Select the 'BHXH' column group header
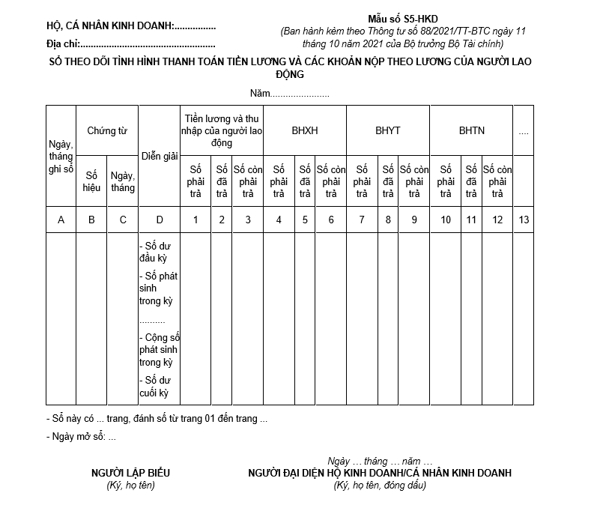[304, 130]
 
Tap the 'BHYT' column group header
[387, 130]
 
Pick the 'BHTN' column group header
[471, 130]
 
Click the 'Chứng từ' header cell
[107, 130]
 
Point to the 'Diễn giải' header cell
[159, 156]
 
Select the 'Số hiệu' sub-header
[91, 181]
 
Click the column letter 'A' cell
[61, 220]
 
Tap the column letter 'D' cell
[159, 220]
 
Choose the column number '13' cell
[523, 220]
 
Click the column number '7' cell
[362, 220]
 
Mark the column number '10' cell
[446, 220]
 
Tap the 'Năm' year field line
[290, 94]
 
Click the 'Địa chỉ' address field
[131, 46]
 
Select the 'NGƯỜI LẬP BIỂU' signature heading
[130, 473]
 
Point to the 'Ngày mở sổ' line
[81, 437]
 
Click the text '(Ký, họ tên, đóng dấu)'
[380, 486]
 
